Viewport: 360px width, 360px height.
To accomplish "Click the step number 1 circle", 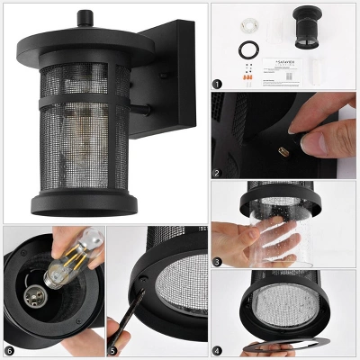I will (217, 84).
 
